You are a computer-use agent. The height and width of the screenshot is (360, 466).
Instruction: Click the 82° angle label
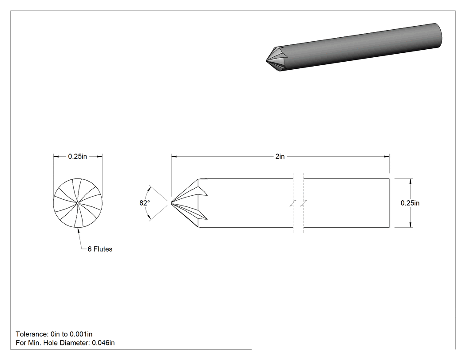(145, 203)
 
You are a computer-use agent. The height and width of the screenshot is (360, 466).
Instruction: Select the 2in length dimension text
(280, 156)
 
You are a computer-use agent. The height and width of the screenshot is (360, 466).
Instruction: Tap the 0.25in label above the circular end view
(78, 156)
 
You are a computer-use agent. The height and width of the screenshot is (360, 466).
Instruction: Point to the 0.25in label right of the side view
(410, 203)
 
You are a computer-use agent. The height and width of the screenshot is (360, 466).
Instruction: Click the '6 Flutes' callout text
(100, 249)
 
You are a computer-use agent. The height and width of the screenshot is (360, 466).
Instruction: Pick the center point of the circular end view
(78, 203)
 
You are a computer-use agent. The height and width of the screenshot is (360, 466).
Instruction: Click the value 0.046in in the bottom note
(103, 343)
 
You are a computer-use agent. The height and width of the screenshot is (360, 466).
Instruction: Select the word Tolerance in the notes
(31, 334)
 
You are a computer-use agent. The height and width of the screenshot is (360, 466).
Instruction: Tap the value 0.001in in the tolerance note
(81, 334)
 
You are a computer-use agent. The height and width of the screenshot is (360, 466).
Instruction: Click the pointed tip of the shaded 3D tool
(266, 61)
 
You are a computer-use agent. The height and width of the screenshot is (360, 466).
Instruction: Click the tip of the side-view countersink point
(171, 203)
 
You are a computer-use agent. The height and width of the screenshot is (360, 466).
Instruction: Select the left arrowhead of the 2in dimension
(174, 156)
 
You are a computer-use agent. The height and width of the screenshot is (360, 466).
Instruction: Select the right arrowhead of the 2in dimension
(387, 156)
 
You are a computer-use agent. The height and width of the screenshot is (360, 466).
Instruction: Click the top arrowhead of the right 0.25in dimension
(411, 182)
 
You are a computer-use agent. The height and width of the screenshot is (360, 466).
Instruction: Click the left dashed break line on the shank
(293, 203)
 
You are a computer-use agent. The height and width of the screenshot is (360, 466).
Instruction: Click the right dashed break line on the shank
(304, 203)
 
